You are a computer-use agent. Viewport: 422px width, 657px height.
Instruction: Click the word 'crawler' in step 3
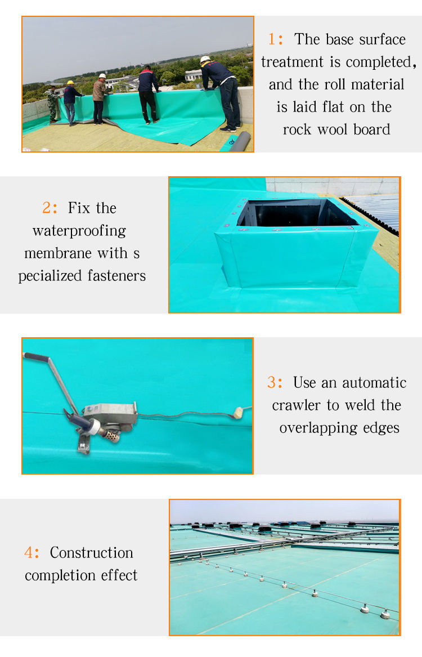[296, 405]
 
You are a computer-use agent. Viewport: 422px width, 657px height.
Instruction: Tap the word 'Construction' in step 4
[91, 553]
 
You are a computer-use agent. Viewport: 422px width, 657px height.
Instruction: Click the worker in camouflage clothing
[52, 104]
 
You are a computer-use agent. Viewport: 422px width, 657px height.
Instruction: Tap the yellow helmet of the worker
[70, 83]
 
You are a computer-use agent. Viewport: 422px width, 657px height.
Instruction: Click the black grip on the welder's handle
[37, 357]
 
